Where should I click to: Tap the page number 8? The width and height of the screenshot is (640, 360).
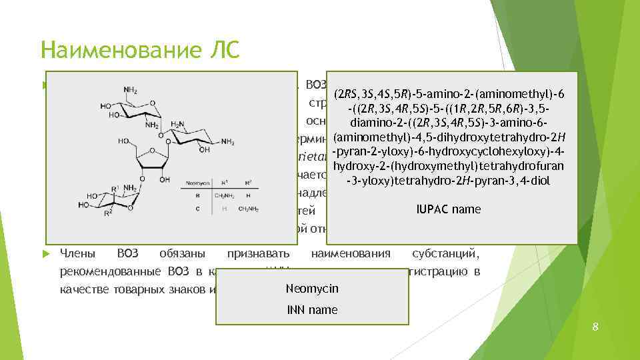pos(595,326)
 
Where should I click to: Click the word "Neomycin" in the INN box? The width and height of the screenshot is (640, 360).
pos(311,289)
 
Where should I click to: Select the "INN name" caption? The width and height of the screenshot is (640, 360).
pos(311,310)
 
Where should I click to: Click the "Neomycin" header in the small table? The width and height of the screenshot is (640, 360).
pos(193,181)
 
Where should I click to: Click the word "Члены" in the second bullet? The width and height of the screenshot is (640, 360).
pos(79,253)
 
